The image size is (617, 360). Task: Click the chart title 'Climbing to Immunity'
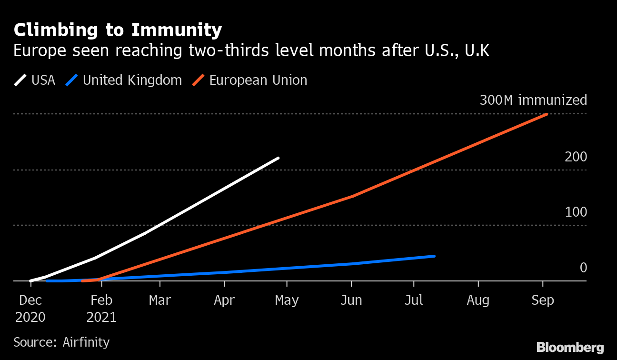[x=118, y=30]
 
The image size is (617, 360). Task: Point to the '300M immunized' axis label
[x=533, y=100]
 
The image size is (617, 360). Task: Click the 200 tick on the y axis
[x=576, y=157]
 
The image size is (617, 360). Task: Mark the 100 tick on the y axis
[x=576, y=212]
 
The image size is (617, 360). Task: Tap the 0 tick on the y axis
[x=583, y=268]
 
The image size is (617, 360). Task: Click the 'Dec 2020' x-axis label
[x=30, y=309]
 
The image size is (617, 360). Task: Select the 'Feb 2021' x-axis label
[x=101, y=309]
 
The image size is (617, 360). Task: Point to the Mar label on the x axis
[x=160, y=301]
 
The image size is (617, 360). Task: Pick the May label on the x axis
[x=287, y=301]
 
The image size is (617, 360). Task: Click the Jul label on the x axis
[x=414, y=301]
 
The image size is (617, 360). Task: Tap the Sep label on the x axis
[x=542, y=301]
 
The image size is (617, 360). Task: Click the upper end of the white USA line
[x=278, y=158]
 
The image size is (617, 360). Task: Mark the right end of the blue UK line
[x=434, y=256]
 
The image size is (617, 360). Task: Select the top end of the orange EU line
[x=547, y=114]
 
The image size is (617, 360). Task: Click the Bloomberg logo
[x=570, y=348]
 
